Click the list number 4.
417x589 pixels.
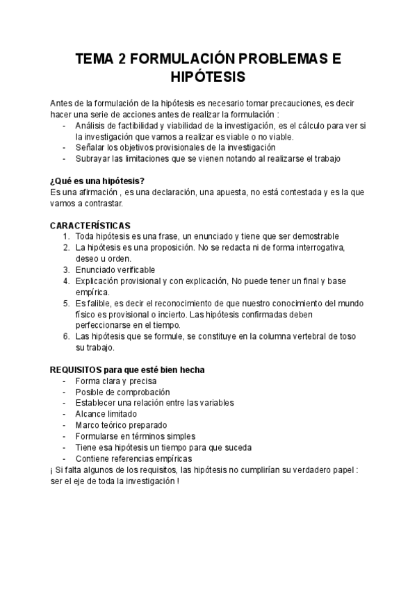coord(65,281)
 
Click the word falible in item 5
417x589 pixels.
coord(95,304)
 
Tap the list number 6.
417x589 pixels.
coord(65,337)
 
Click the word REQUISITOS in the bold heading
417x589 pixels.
coord(76,370)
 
